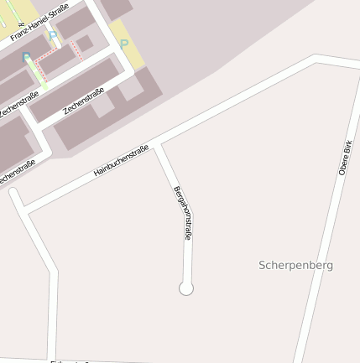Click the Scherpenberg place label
click(x=295, y=265)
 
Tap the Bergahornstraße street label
click(x=183, y=213)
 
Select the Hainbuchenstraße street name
click(x=121, y=160)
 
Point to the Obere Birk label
click(x=345, y=157)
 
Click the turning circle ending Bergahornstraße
click(x=186, y=288)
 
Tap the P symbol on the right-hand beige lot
click(x=124, y=44)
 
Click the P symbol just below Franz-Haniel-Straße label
click(x=54, y=37)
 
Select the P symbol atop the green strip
click(x=27, y=58)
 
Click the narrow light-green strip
click(x=39, y=73)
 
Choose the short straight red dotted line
click(x=76, y=49)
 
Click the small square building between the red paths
click(x=84, y=43)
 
